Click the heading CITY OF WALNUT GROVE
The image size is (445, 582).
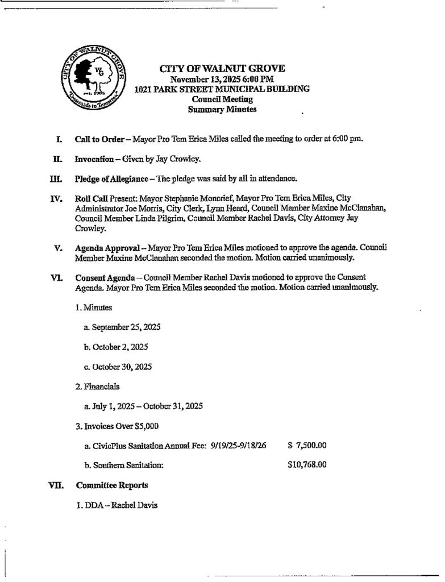pos(222,69)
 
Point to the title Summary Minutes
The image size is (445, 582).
pos(222,109)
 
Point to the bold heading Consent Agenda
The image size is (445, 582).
pos(105,277)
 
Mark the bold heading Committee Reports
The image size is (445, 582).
pos(112,485)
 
